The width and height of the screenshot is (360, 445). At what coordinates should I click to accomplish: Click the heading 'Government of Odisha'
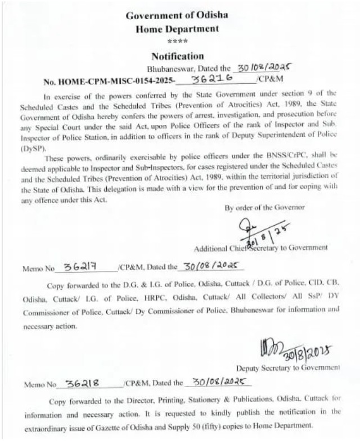177,16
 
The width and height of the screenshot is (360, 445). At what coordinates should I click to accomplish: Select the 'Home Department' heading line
177,29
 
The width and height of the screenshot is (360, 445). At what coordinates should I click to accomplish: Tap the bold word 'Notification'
177,56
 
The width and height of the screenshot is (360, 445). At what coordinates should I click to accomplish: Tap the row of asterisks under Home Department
177,42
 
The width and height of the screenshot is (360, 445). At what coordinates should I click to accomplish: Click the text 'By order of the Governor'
265,208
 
